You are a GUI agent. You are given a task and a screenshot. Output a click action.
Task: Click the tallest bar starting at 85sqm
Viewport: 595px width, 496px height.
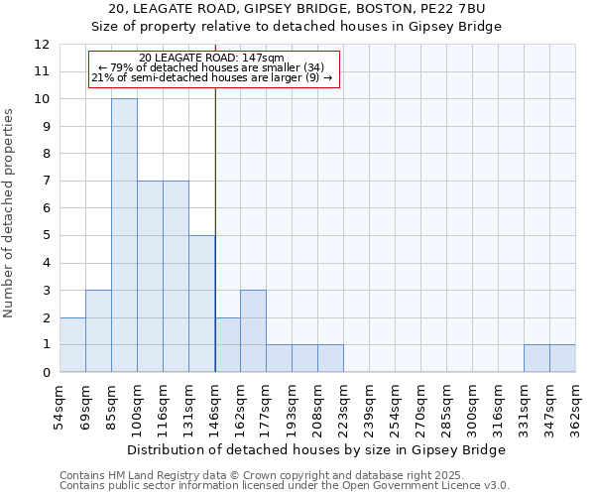(x=124, y=235)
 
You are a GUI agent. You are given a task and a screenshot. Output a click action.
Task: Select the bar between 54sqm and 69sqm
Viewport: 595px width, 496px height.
(x=72, y=344)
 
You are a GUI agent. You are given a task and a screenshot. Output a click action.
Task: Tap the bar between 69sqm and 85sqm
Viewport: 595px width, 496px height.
(x=98, y=330)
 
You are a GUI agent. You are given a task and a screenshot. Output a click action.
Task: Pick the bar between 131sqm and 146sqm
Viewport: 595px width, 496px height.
(x=201, y=304)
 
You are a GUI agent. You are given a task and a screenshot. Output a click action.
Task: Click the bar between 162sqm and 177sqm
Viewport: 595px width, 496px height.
(x=253, y=330)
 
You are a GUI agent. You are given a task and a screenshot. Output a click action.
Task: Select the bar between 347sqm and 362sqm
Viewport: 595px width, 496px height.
(x=562, y=358)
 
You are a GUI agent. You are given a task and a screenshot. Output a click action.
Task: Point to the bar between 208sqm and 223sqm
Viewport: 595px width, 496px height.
(x=330, y=358)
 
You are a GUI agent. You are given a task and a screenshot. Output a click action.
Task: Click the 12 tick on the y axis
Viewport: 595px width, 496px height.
(x=42, y=45)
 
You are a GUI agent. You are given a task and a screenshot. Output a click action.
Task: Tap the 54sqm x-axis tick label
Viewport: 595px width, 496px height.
(x=60, y=403)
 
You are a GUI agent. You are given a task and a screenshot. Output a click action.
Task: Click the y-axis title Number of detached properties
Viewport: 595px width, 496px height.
(x=10, y=213)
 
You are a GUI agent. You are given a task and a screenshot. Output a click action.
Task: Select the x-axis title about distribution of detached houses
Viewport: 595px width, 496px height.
(x=317, y=449)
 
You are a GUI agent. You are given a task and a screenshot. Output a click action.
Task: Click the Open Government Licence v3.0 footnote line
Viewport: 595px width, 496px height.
(x=285, y=485)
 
